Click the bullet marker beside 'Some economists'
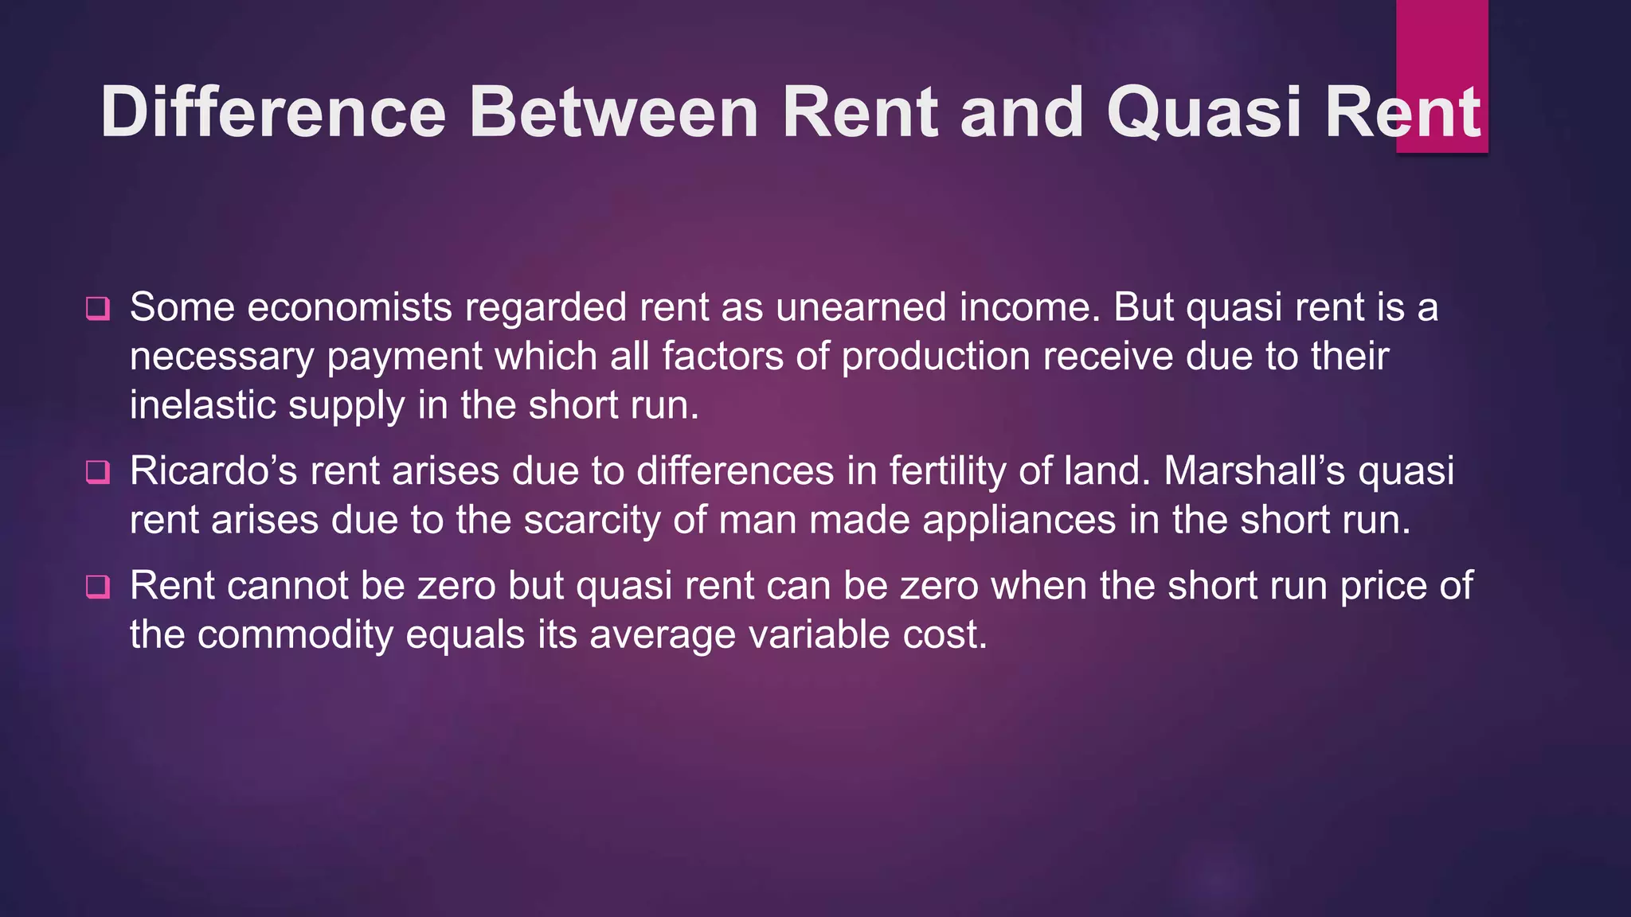coord(98,308)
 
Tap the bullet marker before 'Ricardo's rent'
coord(98,472)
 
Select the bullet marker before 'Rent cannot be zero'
coord(98,587)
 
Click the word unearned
coord(861,307)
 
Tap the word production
coord(936,357)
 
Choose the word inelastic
coord(202,405)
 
